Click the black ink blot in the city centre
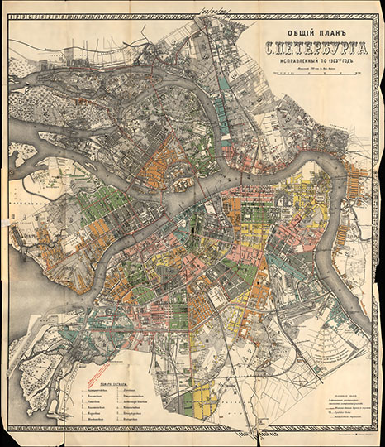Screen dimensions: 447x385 click(x=192, y=222)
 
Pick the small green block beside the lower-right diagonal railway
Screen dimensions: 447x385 click(x=335, y=312)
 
